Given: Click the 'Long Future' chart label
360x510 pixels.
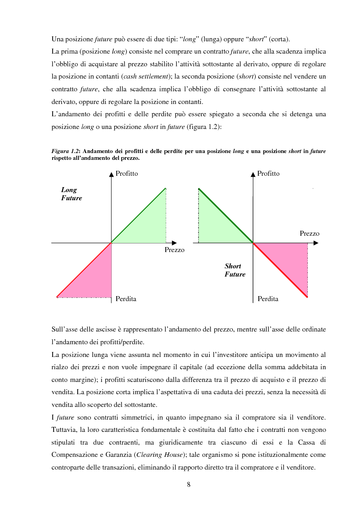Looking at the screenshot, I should (71, 194).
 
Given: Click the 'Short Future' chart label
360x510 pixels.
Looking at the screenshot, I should (235, 270).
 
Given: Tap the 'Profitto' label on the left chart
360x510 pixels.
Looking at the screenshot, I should (127, 173).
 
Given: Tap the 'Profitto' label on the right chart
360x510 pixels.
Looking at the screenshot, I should (268, 173).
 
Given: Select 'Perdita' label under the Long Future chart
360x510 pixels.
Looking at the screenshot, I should (126, 299).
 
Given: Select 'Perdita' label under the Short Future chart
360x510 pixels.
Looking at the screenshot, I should (268, 299).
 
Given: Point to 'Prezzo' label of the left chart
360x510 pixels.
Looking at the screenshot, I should (174, 250).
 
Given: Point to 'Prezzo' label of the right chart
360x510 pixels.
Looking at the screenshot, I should (309, 233).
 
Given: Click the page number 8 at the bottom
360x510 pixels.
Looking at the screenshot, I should (188, 484).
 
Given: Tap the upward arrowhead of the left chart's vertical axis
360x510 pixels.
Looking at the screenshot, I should (111, 173).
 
